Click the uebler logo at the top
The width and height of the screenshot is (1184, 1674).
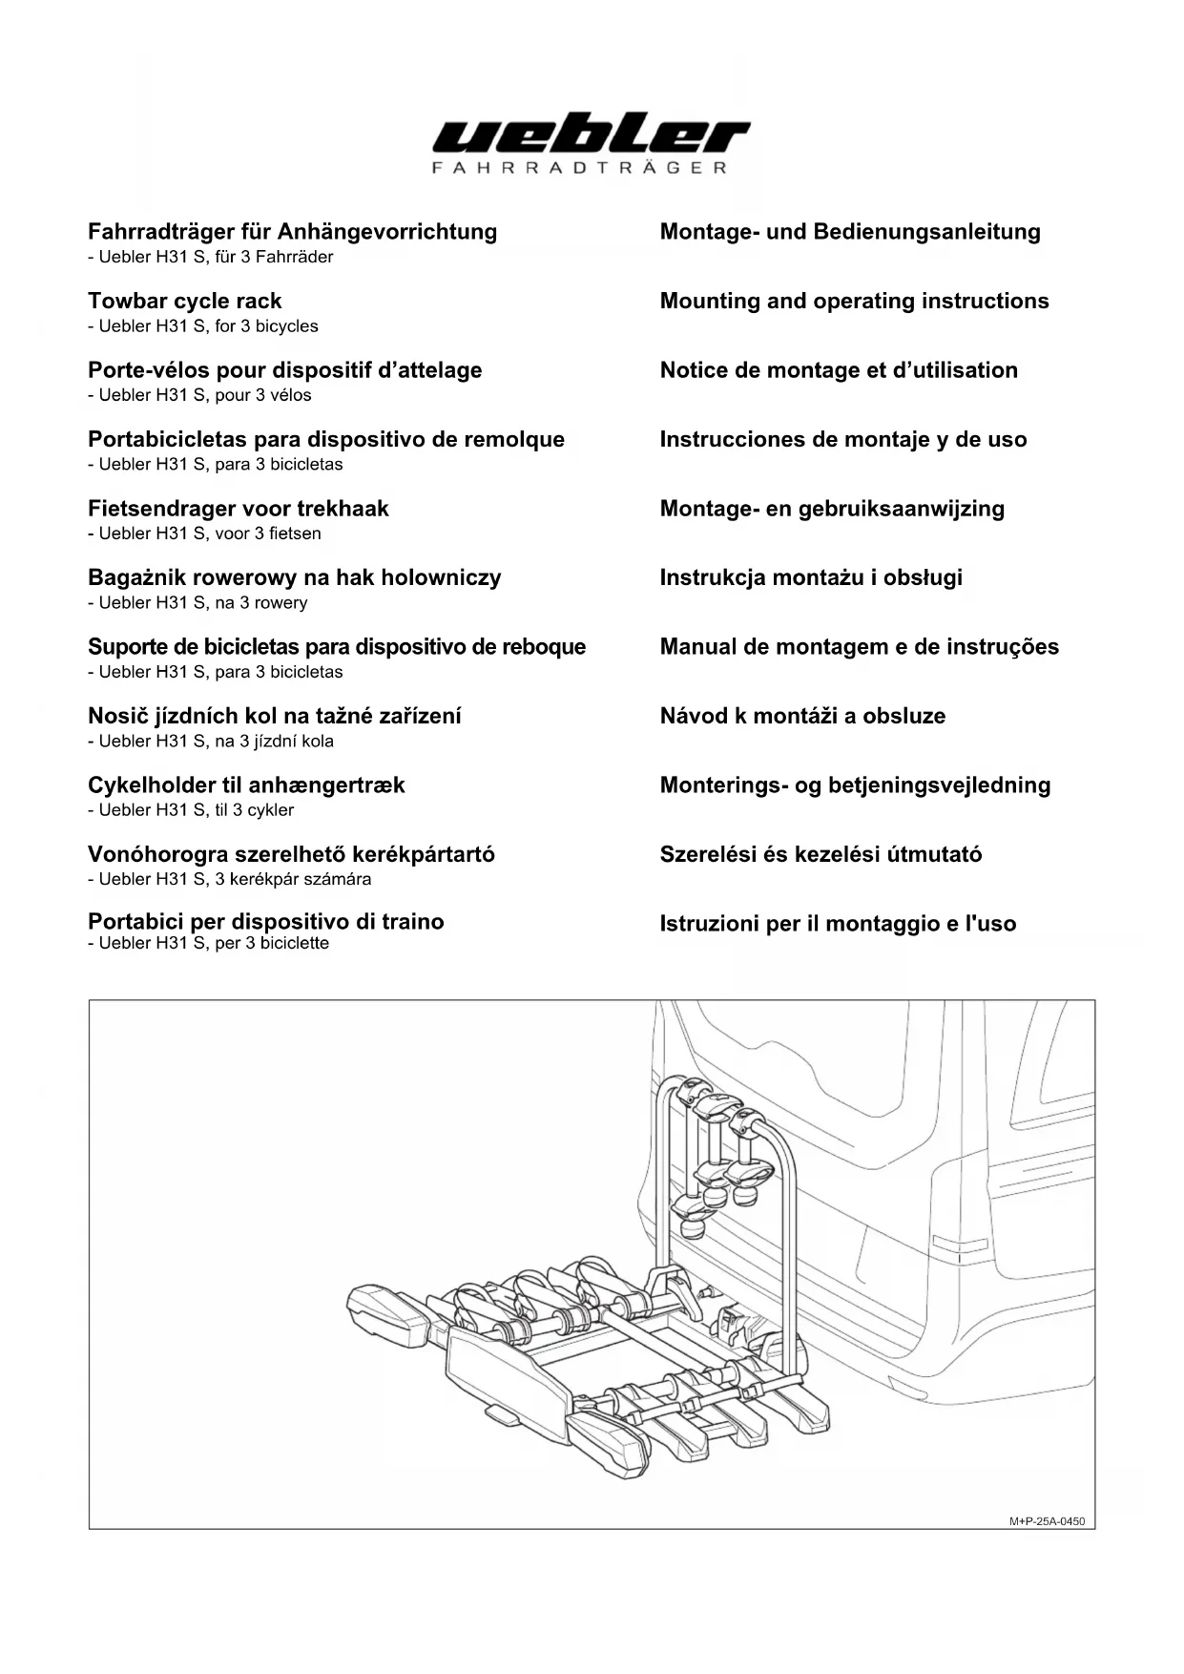click(591, 136)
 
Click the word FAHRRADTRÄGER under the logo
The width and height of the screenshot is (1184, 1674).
click(580, 168)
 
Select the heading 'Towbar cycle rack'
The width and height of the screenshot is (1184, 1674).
click(185, 301)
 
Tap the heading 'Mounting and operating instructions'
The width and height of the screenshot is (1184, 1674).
click(854, 301)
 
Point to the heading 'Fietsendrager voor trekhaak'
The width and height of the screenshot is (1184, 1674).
click(239, 508)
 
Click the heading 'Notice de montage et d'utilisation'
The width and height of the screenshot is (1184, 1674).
click(839, 370)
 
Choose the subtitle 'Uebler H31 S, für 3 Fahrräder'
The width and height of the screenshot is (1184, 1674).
click(216, 257)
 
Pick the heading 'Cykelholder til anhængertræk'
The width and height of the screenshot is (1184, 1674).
click(246, 785)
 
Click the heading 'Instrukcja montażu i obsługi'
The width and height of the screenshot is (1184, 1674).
click(811, 577)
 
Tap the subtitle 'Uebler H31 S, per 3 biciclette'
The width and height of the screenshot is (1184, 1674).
click(214, 943)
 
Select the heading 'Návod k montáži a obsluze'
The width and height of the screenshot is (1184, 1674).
click(802, 716)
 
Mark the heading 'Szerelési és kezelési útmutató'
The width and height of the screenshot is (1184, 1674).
click(820, 854)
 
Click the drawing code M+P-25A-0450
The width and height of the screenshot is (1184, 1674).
click(1047, 1521)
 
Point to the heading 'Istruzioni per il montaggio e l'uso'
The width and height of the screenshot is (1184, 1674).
click(838, 923)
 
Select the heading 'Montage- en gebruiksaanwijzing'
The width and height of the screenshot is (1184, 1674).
click(832, 508)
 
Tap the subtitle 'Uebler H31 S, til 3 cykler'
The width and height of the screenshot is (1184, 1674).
click(197, 810)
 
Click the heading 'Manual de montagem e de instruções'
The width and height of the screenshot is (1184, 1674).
click(859, 646)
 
